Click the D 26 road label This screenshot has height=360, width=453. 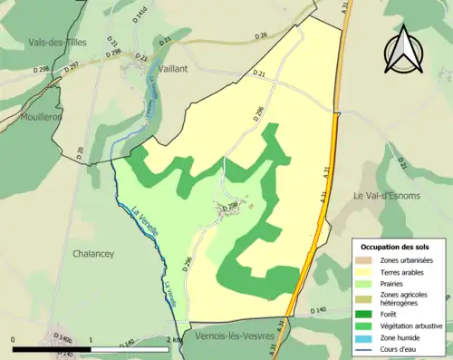pos(261,36)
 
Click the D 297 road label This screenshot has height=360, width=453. pos(71,66)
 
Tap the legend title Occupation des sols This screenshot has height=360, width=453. pos(398,247)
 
